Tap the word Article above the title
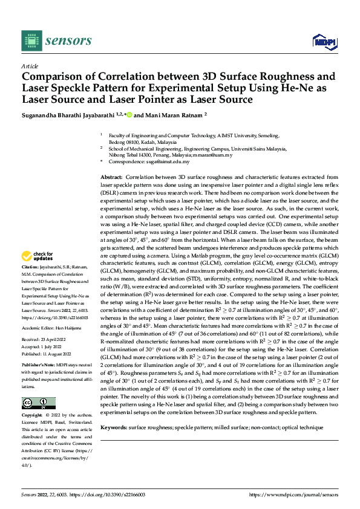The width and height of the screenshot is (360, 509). (30, 65)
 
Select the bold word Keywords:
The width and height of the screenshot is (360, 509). (114, 427)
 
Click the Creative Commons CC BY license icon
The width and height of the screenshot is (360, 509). (38, 403)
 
